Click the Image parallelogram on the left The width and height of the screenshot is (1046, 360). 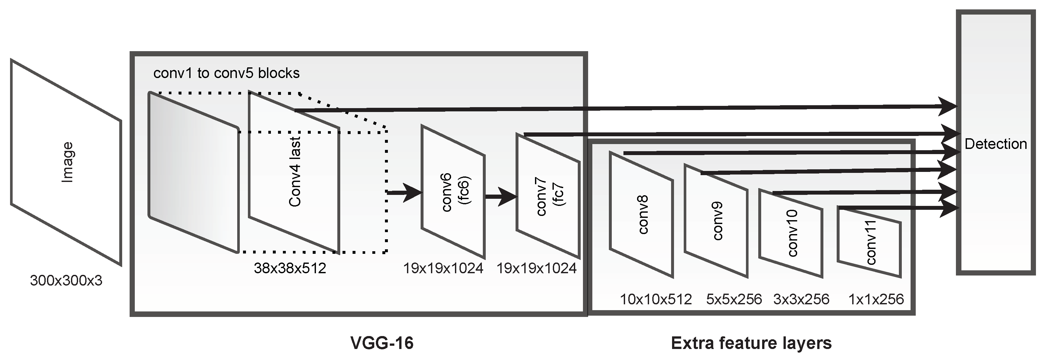(66, 162)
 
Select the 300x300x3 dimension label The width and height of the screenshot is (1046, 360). (66, 280)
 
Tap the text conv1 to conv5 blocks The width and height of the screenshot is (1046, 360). (226, 73)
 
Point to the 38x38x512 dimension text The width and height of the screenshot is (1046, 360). (290, 268)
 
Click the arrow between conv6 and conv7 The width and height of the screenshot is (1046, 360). (501, 197)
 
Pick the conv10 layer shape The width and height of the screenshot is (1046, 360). (791, 233)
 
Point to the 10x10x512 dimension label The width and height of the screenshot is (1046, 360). (656, 299)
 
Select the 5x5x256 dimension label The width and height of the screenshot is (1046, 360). (734, 299)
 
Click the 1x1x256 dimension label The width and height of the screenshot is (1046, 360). (876, 299)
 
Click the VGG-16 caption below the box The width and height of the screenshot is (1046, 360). (382, 343)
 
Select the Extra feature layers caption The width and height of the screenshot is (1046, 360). (751, 343)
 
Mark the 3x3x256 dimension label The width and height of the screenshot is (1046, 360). (801, 299)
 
